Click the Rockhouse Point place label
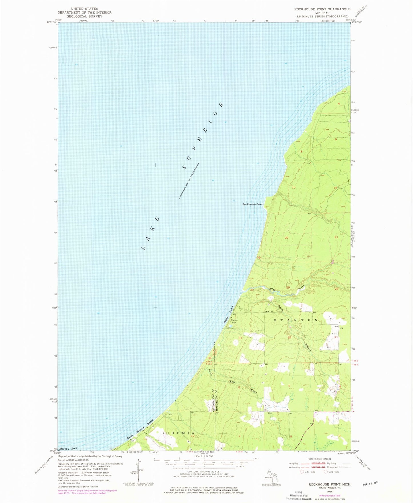click(x=252, y=204)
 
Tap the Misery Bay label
click(x=68, y=448)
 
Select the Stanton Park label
click(x=234, y=321)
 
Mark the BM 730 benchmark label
click(x=270, y=311)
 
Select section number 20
click(x=286, y=238)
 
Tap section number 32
click(x=290, y=337)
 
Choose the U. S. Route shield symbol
click(x=302, y=472)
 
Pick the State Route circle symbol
click(x=326, y=472)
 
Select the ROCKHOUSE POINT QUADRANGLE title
click(x=322, y=9)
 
